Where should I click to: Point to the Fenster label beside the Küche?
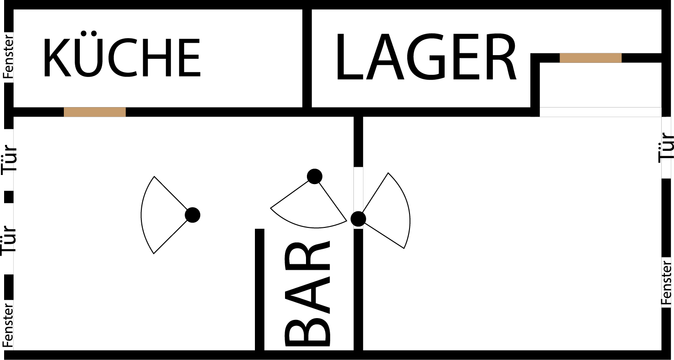click(9, 56)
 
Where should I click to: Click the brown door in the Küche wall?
click(94, 112)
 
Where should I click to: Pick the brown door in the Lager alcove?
click(590, 58)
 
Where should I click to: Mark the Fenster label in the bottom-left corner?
click(9, 325)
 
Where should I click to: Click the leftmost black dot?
click(192, 215)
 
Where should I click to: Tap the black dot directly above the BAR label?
click(315, 176)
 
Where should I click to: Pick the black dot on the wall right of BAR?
click(358, 219)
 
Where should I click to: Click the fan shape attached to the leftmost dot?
click(160, 215)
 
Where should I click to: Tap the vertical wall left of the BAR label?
click(259, 289)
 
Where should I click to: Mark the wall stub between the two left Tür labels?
click(9, 197)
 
